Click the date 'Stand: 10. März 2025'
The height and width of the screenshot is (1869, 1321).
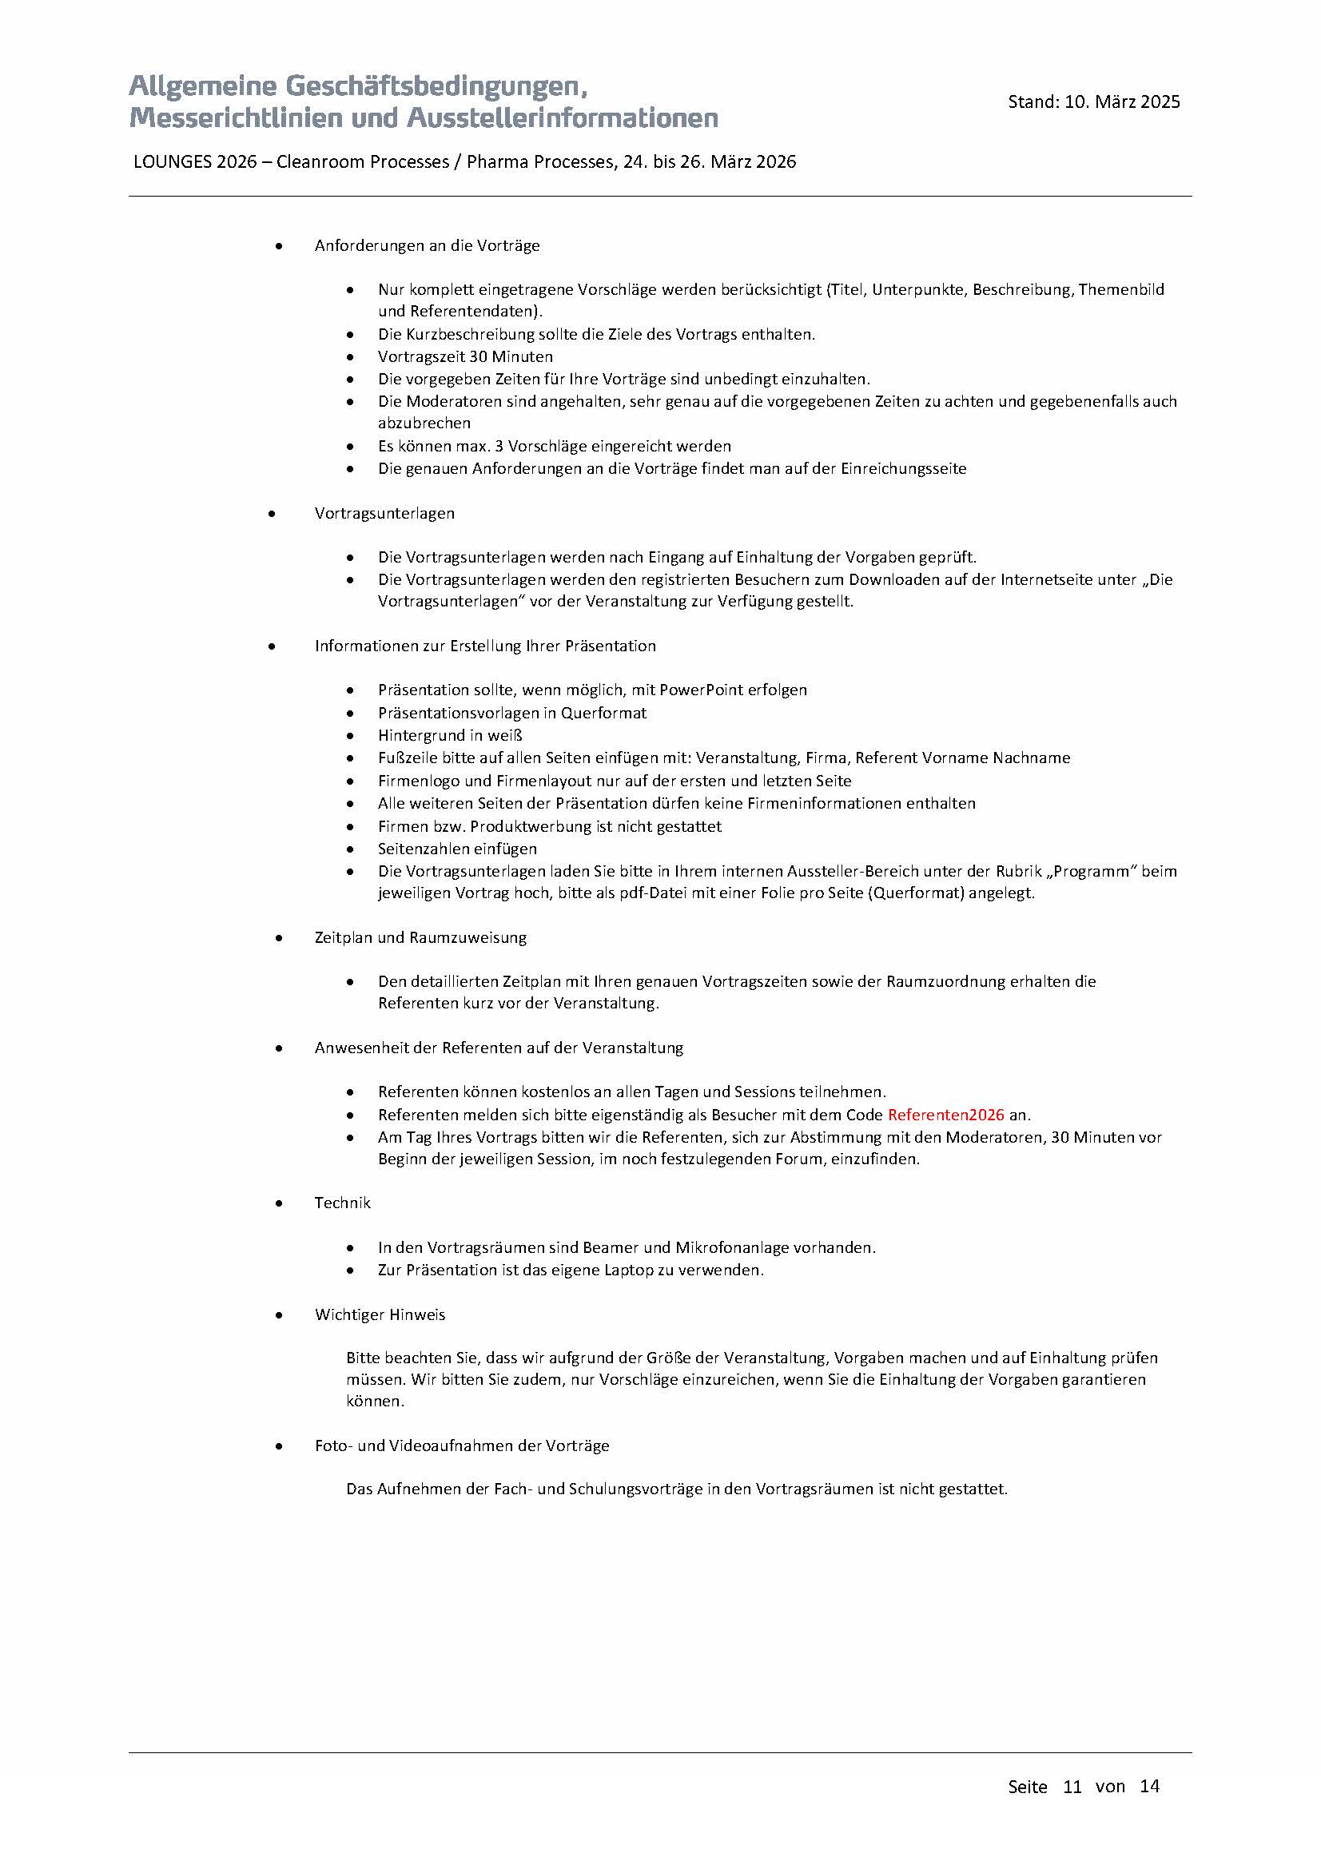1093,101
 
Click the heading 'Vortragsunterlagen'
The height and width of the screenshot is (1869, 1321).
384,513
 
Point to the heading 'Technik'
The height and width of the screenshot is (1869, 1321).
342,1203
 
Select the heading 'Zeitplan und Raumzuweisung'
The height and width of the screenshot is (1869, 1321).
420,937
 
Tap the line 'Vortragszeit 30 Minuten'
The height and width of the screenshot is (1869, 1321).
465,356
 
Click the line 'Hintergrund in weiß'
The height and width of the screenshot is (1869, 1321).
449,735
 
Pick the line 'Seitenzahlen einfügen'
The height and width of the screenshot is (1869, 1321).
456,849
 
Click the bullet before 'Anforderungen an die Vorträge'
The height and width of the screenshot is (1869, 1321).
279,246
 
